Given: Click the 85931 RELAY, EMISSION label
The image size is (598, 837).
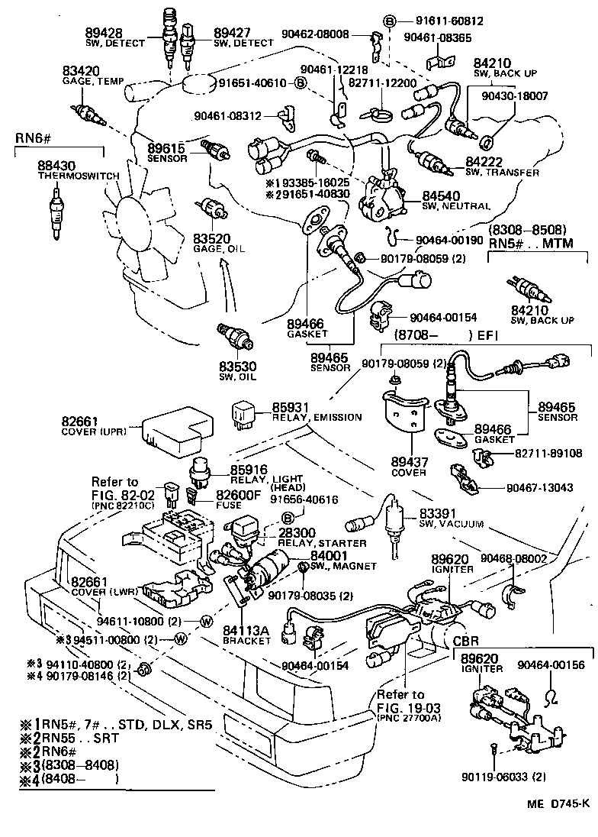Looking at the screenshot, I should pos(301,412).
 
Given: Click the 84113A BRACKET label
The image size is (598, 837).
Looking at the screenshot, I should pos(246,635).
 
